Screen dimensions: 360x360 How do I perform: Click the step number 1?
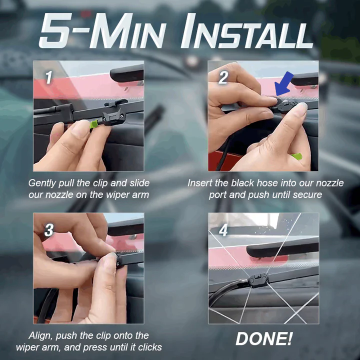coord(48,77)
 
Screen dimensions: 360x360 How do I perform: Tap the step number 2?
coord(223,77)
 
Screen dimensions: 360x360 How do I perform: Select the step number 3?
coord(49,230)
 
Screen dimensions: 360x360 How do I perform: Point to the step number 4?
coord(223,230)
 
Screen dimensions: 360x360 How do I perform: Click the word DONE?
coord(263,339)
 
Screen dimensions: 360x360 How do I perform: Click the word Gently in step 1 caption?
coord(42,183)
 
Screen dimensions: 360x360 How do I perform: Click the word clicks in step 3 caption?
coord(148,347)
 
